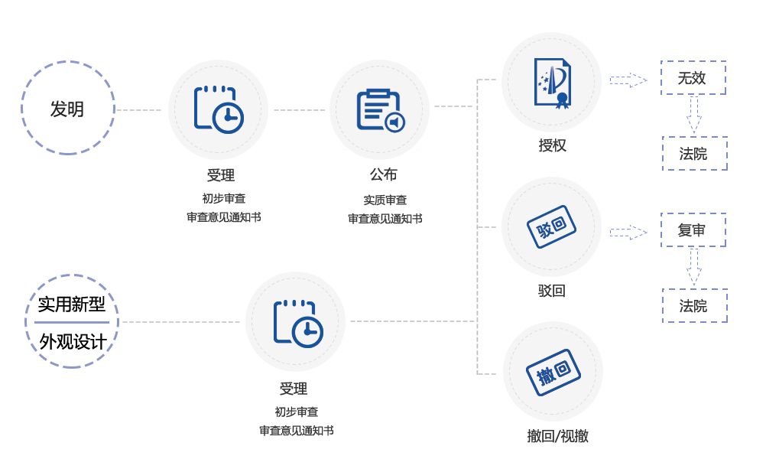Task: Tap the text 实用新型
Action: pos(72,304)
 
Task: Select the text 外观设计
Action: pos(73,342)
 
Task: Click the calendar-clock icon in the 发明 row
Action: pos(219,109)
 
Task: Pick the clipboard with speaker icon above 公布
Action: pos(381,110)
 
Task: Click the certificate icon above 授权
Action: pos(553,83)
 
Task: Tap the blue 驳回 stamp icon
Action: pos(551,226)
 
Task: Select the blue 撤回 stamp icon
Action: pos(553,373)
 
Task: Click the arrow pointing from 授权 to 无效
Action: pos(628,80)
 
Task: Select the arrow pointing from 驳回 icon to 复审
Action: pos(628,233)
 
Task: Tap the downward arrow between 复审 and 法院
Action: pos(693,268)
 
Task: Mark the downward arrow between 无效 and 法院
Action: pos(693,116)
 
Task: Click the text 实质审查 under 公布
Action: pos(385,200)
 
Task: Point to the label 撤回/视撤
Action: pos(557,436)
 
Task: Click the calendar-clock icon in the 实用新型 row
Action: pos(298,324)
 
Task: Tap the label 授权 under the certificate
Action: pos(553,145)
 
